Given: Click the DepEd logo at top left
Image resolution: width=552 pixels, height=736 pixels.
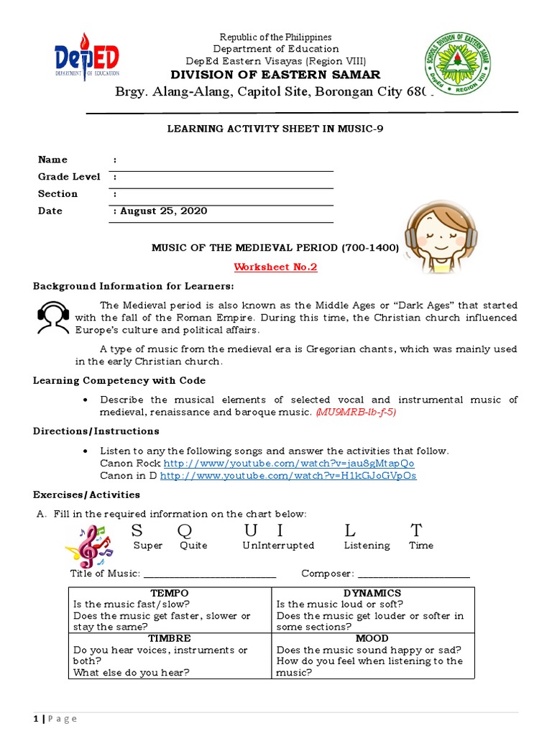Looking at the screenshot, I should pyautogui.click(x=87, y=56).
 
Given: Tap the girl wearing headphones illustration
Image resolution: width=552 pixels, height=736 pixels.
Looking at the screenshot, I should pyautogui.click(x=433, y=236).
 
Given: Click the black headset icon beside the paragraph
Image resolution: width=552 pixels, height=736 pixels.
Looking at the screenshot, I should pyautogui.click(x=52, y=318).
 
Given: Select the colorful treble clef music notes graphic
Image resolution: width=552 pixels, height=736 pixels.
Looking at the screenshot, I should pyautogui.click(x=88, y=546).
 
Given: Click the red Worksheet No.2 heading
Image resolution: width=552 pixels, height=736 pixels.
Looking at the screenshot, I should pyautogui.click(x=275, y=267).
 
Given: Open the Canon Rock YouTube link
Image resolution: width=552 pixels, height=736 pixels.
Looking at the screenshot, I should pyautogui.click(x=289, y=464).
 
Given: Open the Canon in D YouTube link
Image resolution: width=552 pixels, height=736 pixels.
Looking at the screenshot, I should pyautogui.click(x=288, y=476).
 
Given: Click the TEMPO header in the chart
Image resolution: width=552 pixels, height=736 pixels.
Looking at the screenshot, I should pyautogui.click(x=170, y=593).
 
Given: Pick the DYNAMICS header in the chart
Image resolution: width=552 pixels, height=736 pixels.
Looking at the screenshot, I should pyautogui.click(x=372, y=593).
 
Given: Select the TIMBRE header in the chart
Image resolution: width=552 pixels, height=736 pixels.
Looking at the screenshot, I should pyautogui.click(x=170, y=638).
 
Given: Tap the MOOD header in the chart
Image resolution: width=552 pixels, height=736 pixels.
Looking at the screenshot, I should pyautogui.click(x=372, y=638).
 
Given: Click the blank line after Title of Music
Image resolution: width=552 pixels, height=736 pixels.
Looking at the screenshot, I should pyautogui.click(x=210, y=575).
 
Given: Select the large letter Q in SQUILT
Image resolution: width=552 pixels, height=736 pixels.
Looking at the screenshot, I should pyautogui.click(x=185, y=530).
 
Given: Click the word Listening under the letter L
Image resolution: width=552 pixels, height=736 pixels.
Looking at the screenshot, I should pyautogui.click(x=367, y=546).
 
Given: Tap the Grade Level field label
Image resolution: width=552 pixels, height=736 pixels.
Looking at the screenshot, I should pyautogui.click(x=69, y=177).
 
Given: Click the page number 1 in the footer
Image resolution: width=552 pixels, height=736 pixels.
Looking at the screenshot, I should pyautogui.click(x=36, y=719).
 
